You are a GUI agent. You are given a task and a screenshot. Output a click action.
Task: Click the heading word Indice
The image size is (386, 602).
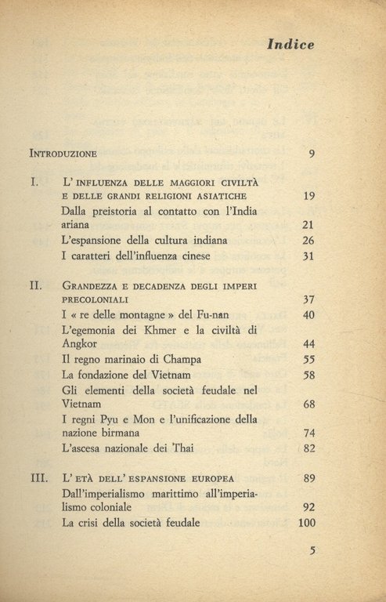(290, 45)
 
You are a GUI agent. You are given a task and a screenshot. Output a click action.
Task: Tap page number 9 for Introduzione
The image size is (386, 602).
(311, 153)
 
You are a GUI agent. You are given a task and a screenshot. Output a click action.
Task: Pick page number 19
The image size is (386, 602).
(308, 196)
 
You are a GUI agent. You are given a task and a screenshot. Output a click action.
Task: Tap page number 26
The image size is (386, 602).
(308, 241)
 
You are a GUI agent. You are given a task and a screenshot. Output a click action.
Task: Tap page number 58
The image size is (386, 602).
(308, 375)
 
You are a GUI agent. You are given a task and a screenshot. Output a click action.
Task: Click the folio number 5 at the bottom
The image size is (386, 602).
(311, 550)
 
